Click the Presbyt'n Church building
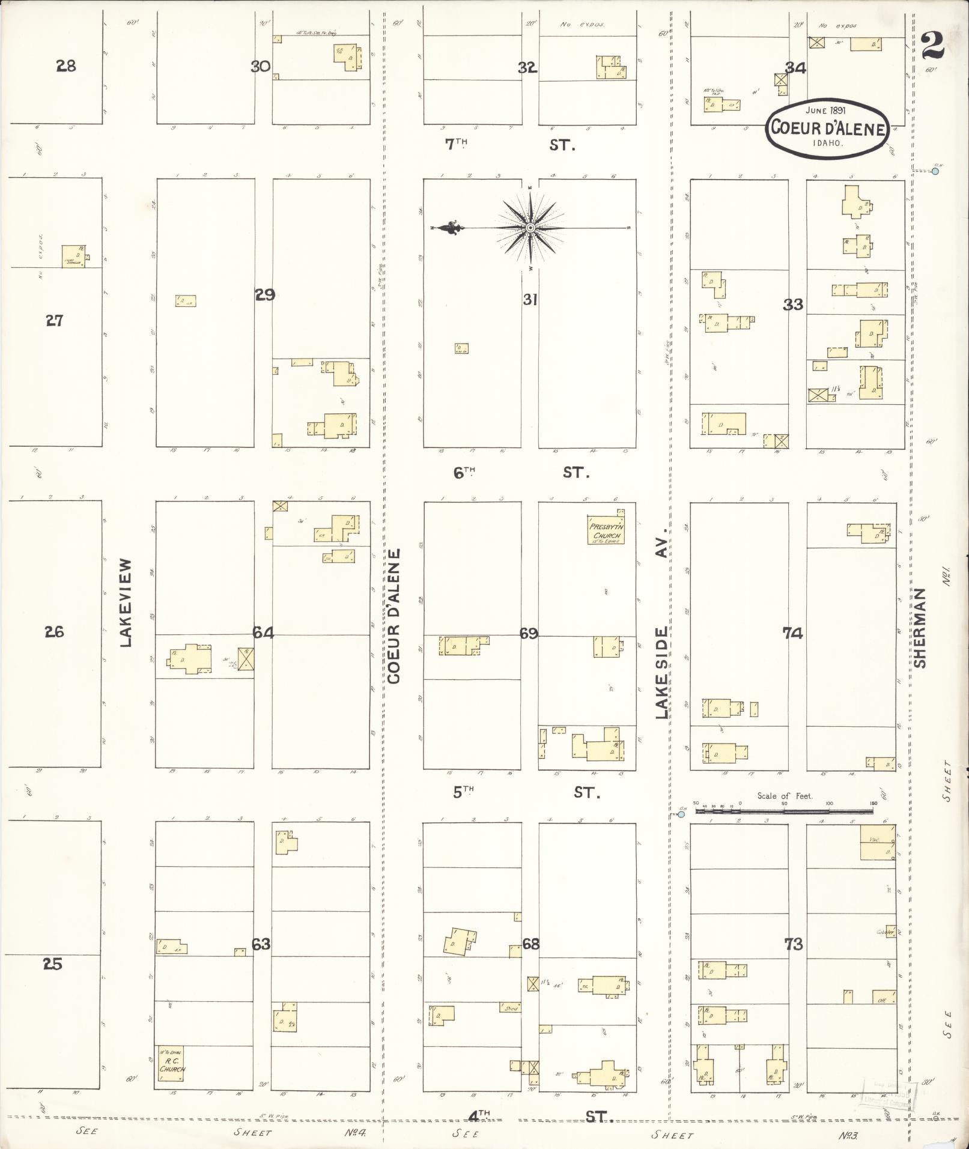(606, 530)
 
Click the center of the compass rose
(530, 228)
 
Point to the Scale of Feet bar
(784, 811)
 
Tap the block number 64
(263, 632)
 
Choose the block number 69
(529, 633)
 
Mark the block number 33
(793, 305)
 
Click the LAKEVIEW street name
(125, 602)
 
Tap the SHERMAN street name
(920, 627)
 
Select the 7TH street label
(456, 144)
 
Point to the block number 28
(65, 66)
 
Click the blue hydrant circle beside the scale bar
(681, 815)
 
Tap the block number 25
(53, 964)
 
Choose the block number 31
(529, 299)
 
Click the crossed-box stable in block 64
(246, 659)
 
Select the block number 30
(260, 67)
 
